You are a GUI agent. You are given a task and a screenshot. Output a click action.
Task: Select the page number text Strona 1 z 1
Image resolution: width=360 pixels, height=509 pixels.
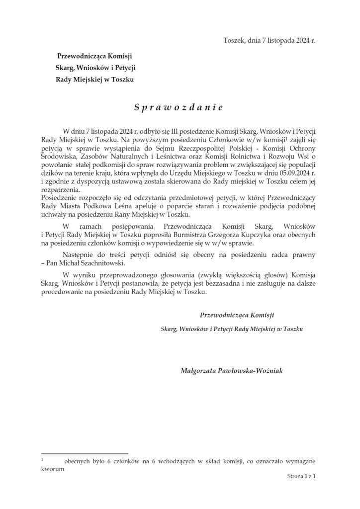tap(301, 476)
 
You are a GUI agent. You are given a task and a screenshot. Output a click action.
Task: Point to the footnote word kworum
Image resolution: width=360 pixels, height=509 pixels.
tap(53, 468)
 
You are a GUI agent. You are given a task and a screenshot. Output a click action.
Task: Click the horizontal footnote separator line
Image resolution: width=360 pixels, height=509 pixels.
tap(85, 453)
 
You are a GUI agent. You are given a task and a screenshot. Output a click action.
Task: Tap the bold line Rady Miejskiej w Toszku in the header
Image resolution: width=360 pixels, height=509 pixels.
tap(94, 79)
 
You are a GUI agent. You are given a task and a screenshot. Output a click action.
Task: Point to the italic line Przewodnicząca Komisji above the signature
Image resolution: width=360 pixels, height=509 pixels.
tap(237, 315)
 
